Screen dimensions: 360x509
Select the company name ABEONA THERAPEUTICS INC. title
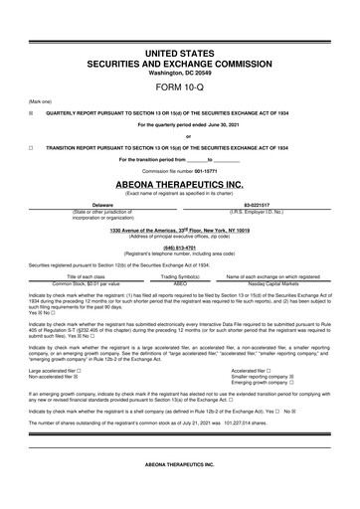pos(179,183)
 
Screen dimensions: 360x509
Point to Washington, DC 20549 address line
pos(179,72)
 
